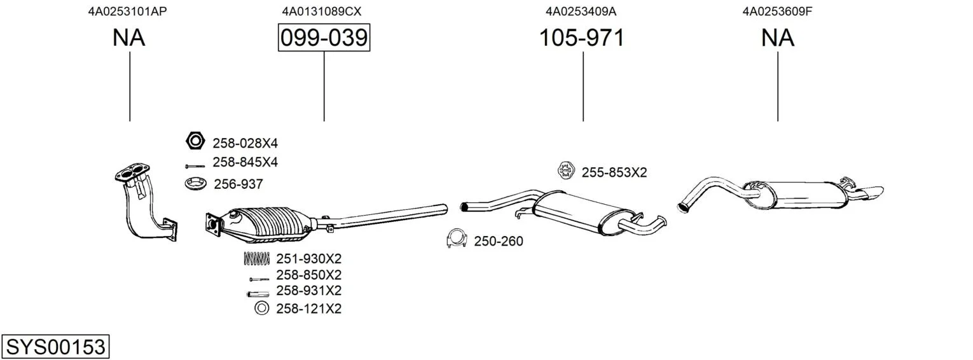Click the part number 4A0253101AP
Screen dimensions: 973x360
[127, 11]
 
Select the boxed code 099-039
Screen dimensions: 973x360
[324, 38]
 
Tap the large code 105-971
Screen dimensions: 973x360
[582, 38]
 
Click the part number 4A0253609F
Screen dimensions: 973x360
[777, 11]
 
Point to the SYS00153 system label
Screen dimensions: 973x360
[55, 347]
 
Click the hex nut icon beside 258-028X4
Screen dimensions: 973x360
[195, 141]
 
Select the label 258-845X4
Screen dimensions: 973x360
[245, 162]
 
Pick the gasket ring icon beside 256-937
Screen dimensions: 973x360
[195, 184]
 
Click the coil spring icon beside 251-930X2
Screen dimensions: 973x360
[257, 259]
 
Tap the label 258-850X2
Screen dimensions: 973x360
[309, 275]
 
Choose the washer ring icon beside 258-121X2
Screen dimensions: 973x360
[261, 308]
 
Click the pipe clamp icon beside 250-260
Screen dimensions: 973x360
[456, 239]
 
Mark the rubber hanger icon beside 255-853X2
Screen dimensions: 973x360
[566, 170]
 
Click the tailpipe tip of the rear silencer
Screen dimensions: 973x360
[870, 193]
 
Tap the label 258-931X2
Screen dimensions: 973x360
[309, 291]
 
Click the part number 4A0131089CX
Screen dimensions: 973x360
[321, 11]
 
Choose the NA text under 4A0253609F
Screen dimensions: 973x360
[778, 38]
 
